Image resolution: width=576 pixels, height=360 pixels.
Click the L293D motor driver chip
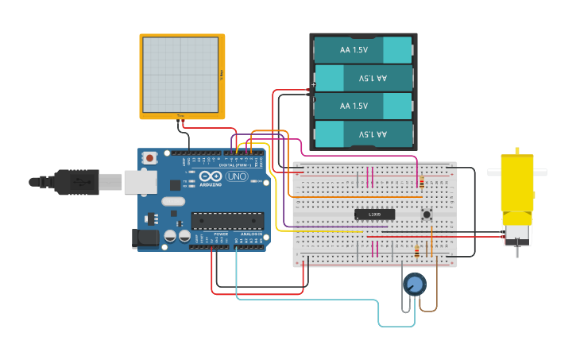tap(374, 214)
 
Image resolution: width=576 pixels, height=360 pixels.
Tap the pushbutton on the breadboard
tap(427, 214)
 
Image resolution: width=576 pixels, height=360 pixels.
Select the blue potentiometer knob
tap(414, 284)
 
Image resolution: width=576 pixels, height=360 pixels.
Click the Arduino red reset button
tap(150, 158)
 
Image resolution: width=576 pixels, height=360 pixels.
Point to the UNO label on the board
tap(237, 176)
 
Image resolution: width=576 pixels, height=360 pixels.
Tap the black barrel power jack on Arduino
tap(142, 237)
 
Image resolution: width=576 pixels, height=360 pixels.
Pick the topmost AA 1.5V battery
tap(362, 50)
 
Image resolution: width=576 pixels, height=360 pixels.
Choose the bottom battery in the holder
tap(362, 134)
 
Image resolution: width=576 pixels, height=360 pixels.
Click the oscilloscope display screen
tap(180, 75)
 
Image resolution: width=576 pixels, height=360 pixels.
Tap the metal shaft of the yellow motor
tap(517, 251)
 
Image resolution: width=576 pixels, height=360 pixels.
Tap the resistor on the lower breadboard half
tap(418, 252)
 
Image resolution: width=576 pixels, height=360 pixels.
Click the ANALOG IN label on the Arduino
tap(250, 234)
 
